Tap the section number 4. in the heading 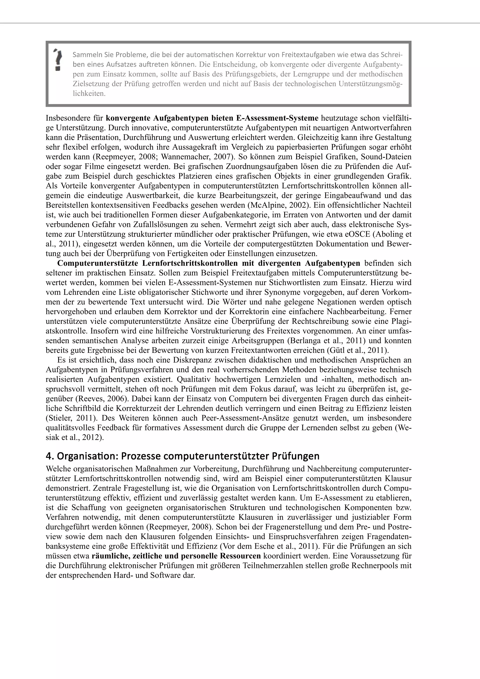(50, 456)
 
